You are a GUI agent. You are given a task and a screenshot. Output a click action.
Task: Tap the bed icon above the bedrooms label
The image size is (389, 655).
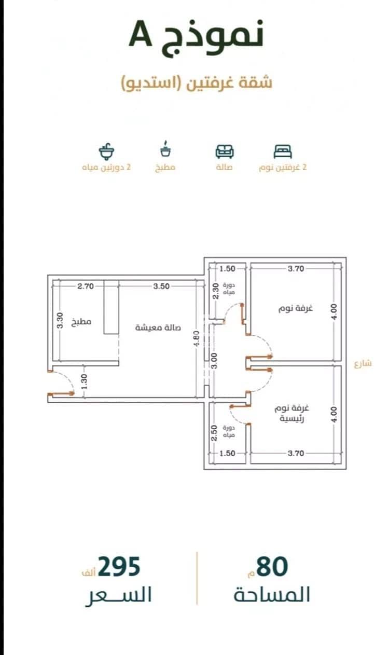click(283, 152)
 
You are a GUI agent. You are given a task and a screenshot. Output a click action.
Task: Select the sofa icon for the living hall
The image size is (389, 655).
click(225, 152)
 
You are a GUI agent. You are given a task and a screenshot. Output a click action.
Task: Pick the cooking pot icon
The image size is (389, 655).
click(165, 149)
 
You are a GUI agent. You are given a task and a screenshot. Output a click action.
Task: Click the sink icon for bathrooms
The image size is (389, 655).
click(106, 152)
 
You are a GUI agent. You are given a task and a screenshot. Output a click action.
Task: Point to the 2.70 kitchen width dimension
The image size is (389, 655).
click(86, 286)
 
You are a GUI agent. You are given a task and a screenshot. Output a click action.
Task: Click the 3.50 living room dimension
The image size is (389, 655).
click(161, 286)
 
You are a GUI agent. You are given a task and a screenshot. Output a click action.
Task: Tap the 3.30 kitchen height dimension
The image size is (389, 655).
click(60, 320)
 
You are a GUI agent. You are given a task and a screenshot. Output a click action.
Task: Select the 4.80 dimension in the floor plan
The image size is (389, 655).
click(197, 338)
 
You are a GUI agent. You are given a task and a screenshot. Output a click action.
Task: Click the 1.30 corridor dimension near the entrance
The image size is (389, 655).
click(84, 381)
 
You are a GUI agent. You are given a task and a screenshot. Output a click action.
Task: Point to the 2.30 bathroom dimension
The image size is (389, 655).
click(215, 291)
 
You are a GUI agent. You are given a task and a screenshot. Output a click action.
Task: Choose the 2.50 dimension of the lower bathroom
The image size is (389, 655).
click(214, 433)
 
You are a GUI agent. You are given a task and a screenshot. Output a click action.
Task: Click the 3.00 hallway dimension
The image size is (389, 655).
click(214, 361)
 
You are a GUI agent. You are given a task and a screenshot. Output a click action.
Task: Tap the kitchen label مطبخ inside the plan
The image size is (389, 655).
click(81, 322)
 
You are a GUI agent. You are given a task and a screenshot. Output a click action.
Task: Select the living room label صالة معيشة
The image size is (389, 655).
click(158, 327)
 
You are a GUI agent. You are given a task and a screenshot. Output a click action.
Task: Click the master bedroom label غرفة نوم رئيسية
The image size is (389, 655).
click(291, 413)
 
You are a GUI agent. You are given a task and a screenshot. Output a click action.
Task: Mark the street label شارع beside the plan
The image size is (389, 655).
click(363, 364)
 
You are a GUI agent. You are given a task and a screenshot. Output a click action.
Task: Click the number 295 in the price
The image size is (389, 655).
click(119, 567)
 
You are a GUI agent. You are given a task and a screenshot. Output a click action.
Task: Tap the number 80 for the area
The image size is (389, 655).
click(272, 567)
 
